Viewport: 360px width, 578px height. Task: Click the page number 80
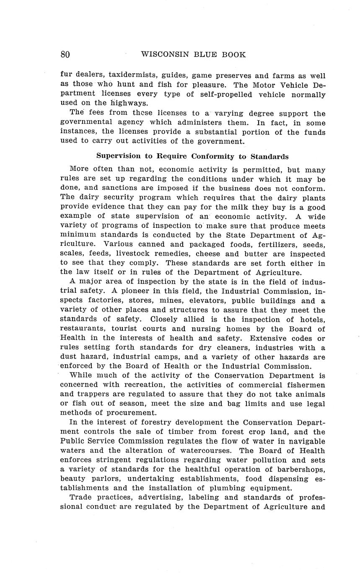pos(65,54)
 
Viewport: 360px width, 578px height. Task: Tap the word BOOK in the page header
pos(234,54)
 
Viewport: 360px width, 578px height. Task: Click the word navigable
pos(306,441)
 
